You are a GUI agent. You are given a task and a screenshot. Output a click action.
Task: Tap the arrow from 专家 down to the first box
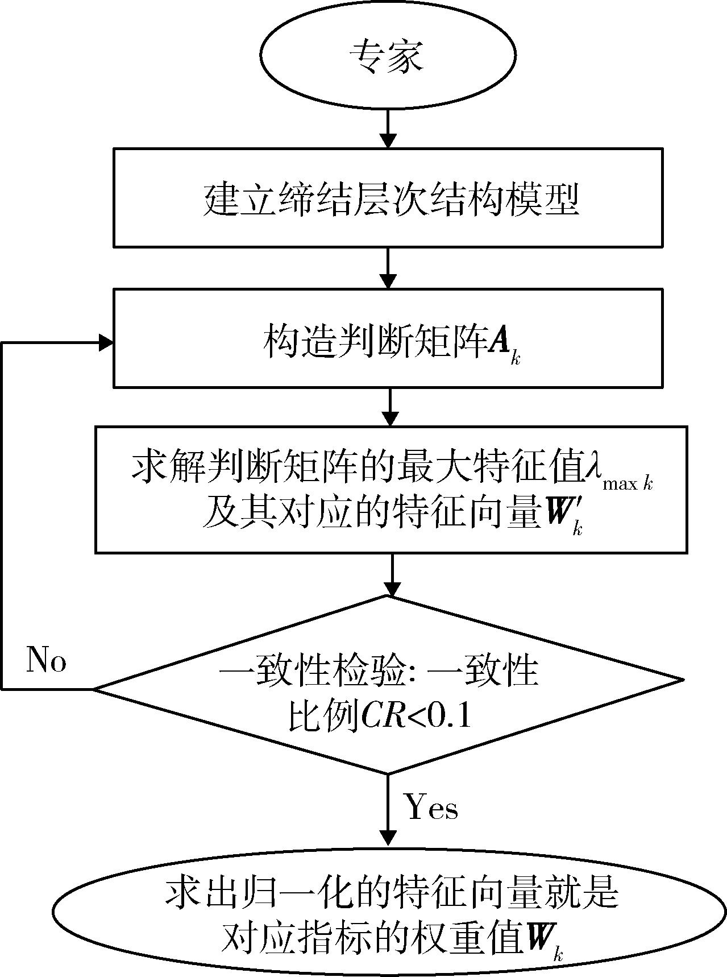coord(388,128)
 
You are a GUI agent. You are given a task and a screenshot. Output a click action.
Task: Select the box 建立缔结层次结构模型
coord(388,197)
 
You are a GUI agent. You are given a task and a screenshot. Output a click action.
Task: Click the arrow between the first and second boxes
coord(388,268)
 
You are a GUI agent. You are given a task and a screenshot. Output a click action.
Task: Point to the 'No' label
coord(47,660)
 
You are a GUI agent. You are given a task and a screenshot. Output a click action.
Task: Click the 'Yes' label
coord(431,808)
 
